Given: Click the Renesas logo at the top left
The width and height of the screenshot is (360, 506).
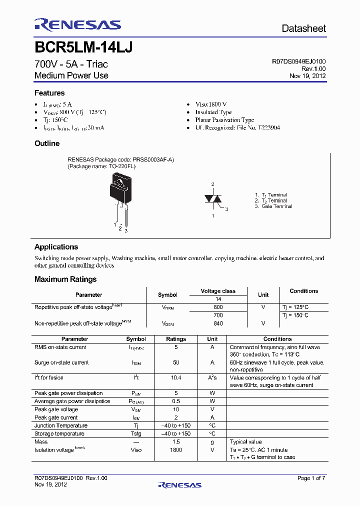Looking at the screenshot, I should [x=77, y=25].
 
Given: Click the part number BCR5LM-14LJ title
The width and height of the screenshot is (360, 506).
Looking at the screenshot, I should [x=83, y=47].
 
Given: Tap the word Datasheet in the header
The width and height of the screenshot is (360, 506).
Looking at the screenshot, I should [x=303, y=28].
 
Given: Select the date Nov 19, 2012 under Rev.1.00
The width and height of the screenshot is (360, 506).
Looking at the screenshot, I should [x=307, y=75].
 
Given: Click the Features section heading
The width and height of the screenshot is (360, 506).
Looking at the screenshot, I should [x=49, y=93].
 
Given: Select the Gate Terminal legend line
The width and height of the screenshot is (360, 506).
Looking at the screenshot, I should [x=273, y=206].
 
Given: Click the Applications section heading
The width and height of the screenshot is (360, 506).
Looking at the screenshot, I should [x=56, y=247].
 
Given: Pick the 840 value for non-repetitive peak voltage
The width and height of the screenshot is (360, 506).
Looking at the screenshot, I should [x=218, y=323].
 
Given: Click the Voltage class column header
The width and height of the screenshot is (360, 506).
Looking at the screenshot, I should [x=218, y=291].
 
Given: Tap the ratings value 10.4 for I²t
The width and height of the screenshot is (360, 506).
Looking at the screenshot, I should [x=176, y=378].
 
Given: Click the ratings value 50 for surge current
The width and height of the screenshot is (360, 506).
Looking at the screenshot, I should [x=176, y=362].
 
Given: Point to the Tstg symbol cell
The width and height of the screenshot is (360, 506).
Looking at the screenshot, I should [x=136, y=433].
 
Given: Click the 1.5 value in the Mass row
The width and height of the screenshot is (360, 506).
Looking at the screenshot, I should [x=176, y=442].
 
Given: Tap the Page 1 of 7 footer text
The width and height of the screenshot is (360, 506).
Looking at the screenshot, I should [x=311, y=478].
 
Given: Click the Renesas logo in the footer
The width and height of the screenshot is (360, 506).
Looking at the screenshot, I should [x=179, y=484].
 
